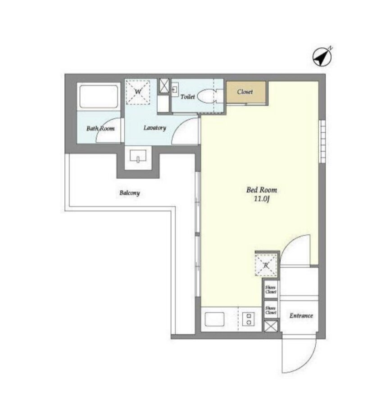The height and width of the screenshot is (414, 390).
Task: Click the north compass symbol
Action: tap(322, 57)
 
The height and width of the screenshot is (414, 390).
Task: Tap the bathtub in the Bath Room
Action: tap(99, 96)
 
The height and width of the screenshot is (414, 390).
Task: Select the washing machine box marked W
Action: tap(138, 92)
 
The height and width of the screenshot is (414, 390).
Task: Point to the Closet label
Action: tap(245, 92)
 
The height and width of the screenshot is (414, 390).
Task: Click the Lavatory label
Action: tap(155, 128)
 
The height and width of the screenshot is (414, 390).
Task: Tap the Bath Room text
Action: tap(100, 129)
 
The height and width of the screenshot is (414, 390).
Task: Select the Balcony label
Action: tap(129, 193)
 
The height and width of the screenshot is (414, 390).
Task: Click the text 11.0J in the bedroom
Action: tap(262, 199)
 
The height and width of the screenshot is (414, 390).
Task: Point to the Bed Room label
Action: tap(262, 190)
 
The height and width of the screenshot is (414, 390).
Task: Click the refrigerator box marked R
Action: tap(266, 265)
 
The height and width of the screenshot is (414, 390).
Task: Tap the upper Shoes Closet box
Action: tap(271, 289)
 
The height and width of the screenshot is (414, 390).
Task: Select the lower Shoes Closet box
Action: tap(271, 310)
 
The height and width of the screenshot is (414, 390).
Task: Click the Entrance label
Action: tap(301, 316)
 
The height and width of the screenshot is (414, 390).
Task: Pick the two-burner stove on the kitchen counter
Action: tap(249, 319)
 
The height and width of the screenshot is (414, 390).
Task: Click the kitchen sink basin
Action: tap(214, 319)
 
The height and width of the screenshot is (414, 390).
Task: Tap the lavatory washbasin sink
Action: tap(138, 156)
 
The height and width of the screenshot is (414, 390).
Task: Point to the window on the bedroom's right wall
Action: tap(322, 141)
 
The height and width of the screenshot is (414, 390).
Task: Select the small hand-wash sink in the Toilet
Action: tap(175, 90)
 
